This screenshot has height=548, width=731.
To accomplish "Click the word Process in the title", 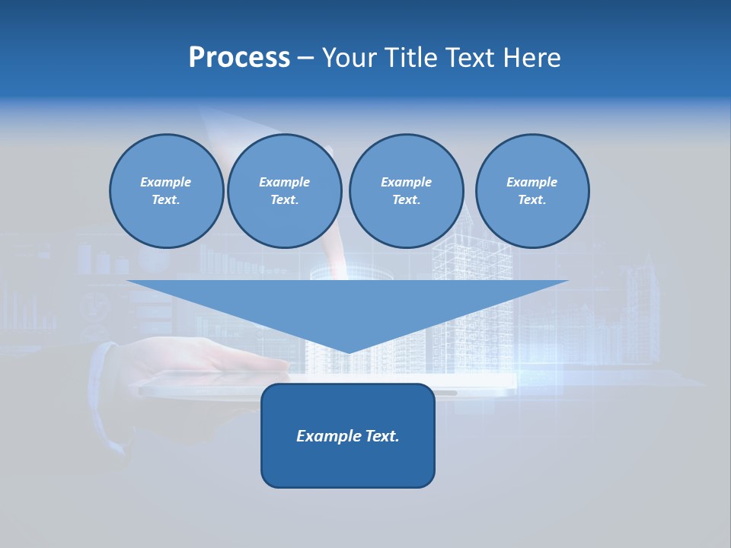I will click(x=239, y=58).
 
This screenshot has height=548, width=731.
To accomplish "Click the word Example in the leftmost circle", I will click(x=166, y=182).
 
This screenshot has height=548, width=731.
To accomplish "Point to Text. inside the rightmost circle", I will click(x=532, y=200).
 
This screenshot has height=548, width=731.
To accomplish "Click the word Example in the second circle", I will click(x=285, y=182).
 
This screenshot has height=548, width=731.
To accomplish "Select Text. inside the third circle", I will click(x=406, y=200).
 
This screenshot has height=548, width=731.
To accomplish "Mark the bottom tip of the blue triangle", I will click(x=348, y=351).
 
